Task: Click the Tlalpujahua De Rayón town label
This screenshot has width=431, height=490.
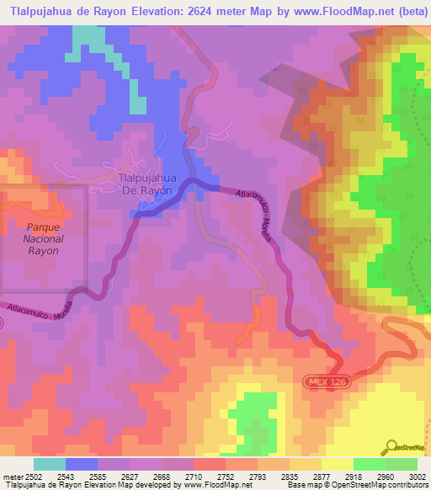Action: click(146, 184)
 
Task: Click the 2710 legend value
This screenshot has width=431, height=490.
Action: click(193, 476)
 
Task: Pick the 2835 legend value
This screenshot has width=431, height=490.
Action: click(300, 476)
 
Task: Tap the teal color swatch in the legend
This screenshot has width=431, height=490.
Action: click(50, 464)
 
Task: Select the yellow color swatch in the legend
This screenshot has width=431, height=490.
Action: click(337, 464)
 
